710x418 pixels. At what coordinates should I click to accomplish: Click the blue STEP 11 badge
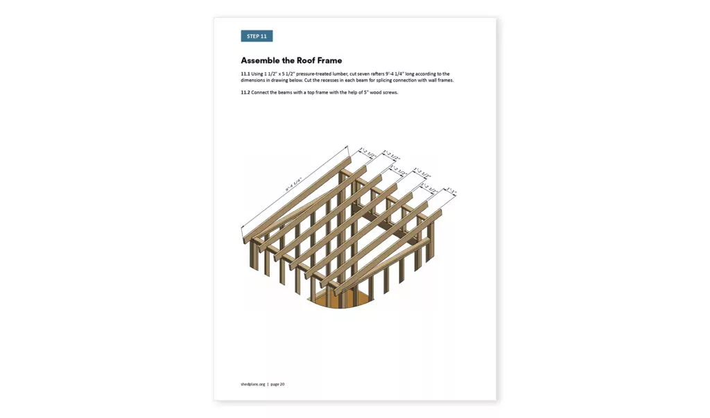[257, 36]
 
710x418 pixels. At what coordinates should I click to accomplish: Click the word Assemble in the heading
[261, 61]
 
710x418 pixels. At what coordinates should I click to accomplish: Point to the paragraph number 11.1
[245, 73]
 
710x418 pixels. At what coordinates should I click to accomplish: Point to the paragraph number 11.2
[245, 92]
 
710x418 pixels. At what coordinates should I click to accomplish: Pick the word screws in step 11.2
[390, 92]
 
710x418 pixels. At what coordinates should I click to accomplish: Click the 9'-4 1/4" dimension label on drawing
[296, 186]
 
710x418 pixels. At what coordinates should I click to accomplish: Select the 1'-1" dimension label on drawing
[451, 191]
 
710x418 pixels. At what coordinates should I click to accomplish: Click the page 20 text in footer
[277, 384]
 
